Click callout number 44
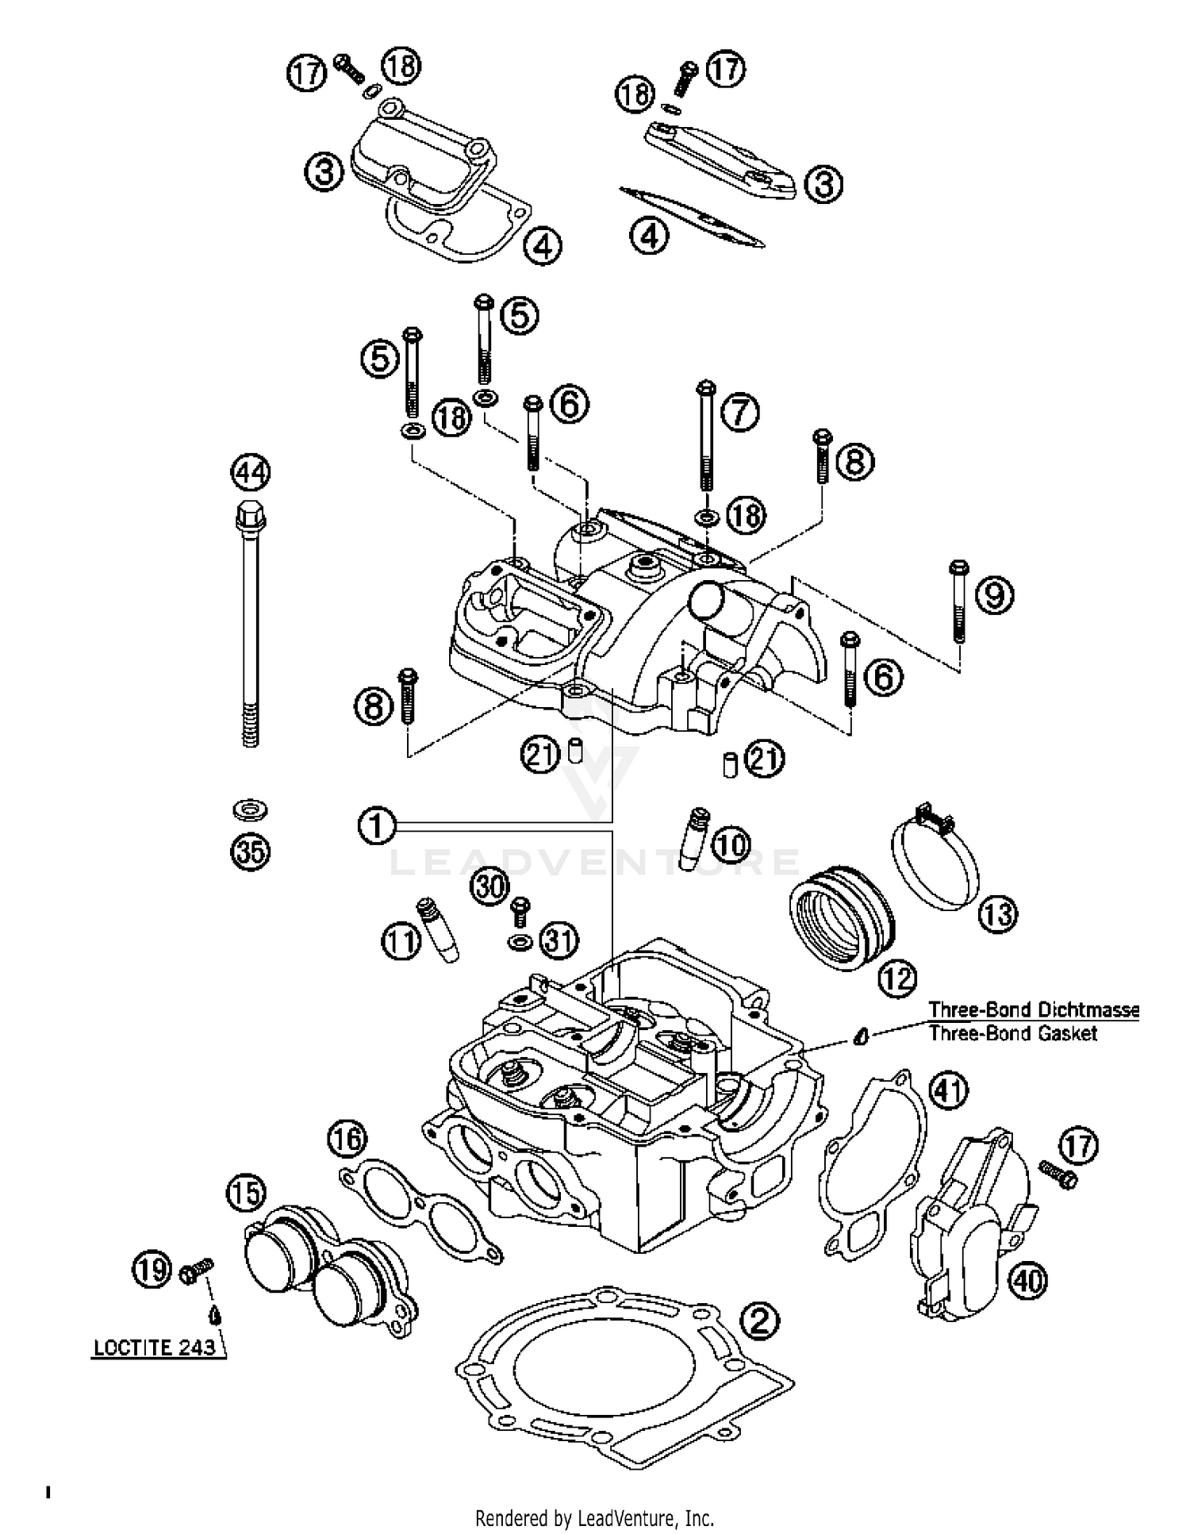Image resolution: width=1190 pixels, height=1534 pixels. click(x=250, y=473)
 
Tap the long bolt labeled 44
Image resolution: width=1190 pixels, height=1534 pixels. click(x=250, y=627)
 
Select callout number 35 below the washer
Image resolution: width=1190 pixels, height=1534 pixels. click(x=250, y=852)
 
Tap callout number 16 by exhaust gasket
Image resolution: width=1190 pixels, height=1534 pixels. click(x=347, y=1140)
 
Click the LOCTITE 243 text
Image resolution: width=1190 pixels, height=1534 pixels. click(x=155, y=1347)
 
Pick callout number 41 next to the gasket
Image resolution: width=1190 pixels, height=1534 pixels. click(x=948, y=1090)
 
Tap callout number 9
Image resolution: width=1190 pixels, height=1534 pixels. click(x=994, y=594)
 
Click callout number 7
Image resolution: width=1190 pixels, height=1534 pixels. click(x=740, y=413)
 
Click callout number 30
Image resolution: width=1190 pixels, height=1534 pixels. click(x=490, y=886)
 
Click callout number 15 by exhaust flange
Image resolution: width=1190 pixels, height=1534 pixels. click(x=247, y=1193)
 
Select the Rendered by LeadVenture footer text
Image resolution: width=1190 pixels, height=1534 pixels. click(x=594, y=1517)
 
